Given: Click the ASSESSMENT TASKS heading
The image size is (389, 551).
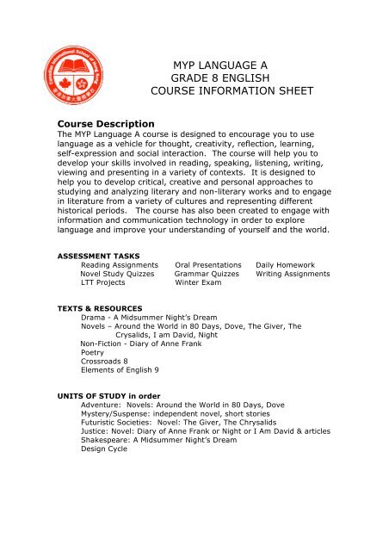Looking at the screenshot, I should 96,256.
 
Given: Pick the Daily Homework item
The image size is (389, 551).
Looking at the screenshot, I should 285,265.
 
